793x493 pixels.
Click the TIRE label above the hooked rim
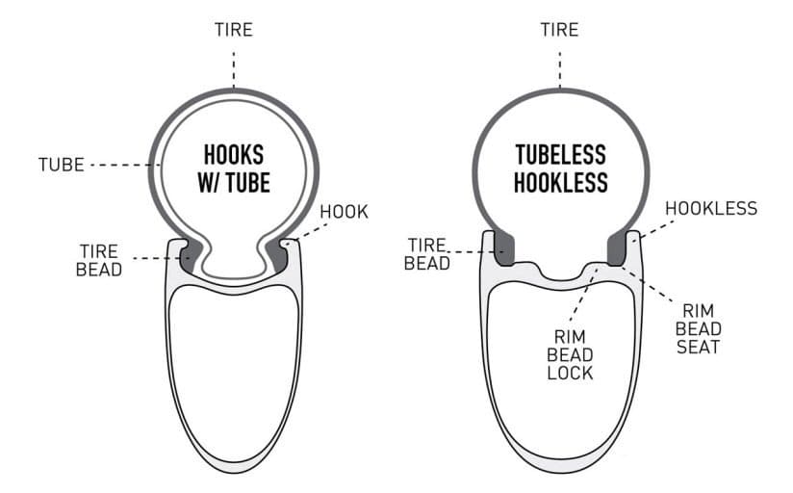point(234,29)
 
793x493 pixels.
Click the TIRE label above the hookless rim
point(559,29)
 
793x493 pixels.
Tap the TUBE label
point(62,165)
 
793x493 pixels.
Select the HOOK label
point(344,212)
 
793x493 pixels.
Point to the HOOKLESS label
point(711,208)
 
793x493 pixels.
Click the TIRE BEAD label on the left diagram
point(99,260)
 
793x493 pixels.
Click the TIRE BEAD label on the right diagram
point(427,254)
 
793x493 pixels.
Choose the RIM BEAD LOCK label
point(570,354)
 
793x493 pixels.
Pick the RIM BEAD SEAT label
point(698,328)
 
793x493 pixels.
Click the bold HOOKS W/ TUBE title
point(234,169)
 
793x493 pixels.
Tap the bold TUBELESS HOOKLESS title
point(560,169)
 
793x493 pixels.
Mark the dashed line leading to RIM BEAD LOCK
point(583,294)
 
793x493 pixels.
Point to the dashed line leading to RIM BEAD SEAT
point(648,284)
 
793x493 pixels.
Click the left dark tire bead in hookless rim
point(503,247)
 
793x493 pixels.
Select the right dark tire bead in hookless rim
point(618,247)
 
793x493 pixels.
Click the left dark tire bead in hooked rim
point(191,255)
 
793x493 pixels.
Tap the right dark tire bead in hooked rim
point(276,255)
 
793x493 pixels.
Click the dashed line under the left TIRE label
point(234,70)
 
